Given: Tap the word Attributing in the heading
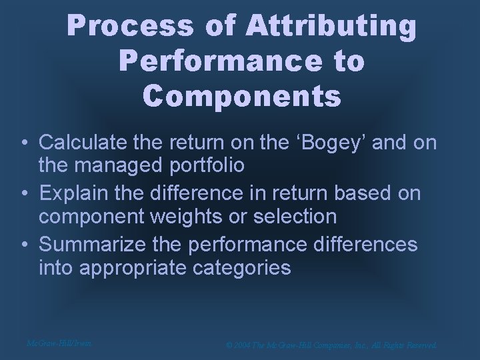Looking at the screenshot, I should pos(331,27).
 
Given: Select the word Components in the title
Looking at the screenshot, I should pos(241,95).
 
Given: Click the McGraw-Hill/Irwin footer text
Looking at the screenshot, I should pos(58,343).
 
